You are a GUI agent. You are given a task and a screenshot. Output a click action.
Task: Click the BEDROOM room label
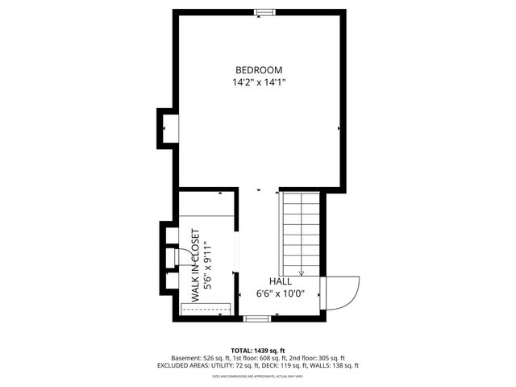tap(259, 69)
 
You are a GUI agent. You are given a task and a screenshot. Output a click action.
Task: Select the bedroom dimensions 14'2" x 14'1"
tap(259, 81)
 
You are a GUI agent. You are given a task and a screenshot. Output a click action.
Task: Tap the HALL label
tap(280, 281)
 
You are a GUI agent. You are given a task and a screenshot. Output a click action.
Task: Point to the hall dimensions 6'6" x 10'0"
tap(280, 293)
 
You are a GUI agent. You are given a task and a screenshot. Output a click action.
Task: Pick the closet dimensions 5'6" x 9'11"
tap(208, 265)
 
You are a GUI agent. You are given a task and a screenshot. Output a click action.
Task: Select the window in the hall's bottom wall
tap(256, 318)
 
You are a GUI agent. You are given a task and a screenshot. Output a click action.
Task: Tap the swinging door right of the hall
tap(339, 292)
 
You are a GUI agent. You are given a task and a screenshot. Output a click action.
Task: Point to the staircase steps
tap(301, 230)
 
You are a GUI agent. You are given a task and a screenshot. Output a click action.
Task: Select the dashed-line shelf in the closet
tap(207, 308)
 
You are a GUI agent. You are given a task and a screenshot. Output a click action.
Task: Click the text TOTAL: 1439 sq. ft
tap(258, 351)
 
